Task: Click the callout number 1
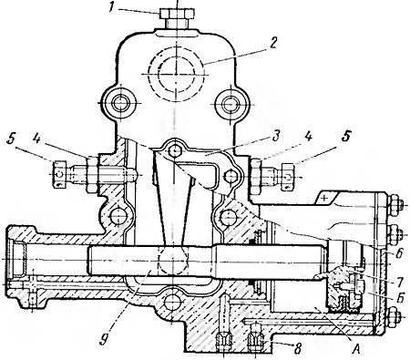pyautogui.click(x=111, y=7)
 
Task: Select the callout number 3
pyautogui.click(x=275, y=137)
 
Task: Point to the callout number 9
pyautogui.click(x=104, y=337)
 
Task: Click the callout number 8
pyautogui.click(x=298, y=349)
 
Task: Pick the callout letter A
pyautogui.click(x=357, y=350)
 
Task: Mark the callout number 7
pyautogui.click(x=400, y=283)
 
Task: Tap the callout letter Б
pyautogui.click(x=400, y=298)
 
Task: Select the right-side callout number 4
pyautogui.click(x=308, y=137)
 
